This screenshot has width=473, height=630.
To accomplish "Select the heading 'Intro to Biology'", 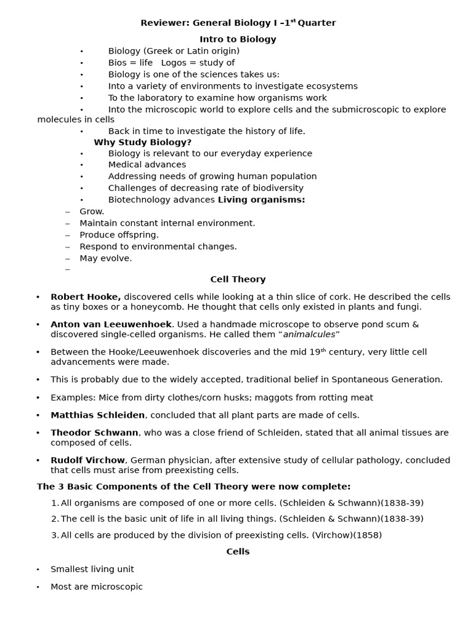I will click(x=238, y=39).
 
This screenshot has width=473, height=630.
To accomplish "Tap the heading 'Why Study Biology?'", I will click(x=143, y=142).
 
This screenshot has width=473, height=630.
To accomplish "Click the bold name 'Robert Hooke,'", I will click(x=86, y=297).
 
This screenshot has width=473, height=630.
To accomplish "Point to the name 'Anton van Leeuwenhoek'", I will click(x=111, y=324).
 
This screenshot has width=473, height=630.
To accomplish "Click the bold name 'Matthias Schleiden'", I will click(x=98, y=415).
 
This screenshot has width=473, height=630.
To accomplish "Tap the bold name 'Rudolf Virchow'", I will click(x=88, y=460).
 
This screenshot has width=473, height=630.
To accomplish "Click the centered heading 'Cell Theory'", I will click(x=238, y=279).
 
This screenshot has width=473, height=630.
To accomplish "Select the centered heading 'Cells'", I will click(x=238, y=552).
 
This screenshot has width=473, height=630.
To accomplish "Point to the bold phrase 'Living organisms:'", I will click(x=262, y=200).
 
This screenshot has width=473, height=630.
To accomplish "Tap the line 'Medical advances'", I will click(x=147, y=165).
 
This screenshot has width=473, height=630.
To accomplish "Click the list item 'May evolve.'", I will click(x=106, y=258).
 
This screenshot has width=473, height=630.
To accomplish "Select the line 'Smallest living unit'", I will click(x=92, y=570).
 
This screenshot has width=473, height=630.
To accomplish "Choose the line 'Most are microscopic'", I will click(x=97, y=587).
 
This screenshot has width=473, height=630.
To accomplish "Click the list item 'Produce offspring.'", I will click(x=119, y=235).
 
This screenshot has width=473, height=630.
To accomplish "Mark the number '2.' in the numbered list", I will click(x=55, y=519).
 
